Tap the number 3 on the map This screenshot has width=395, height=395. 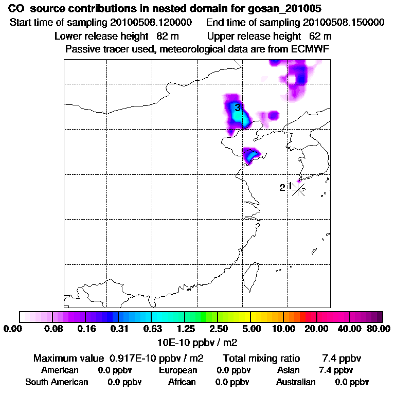click(x=238, y=107)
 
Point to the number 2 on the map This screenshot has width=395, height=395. click(x=282, y=188)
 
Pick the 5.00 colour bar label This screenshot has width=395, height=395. click(x=251, y=329)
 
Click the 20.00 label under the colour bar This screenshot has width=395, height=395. click(x=316, y=329)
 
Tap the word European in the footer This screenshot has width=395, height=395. click(x=178, y=370)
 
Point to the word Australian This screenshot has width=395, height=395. click(x=296, y=382)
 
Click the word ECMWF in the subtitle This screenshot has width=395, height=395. click(x=310, y=49)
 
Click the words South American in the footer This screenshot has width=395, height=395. click(x=57, y=382)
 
